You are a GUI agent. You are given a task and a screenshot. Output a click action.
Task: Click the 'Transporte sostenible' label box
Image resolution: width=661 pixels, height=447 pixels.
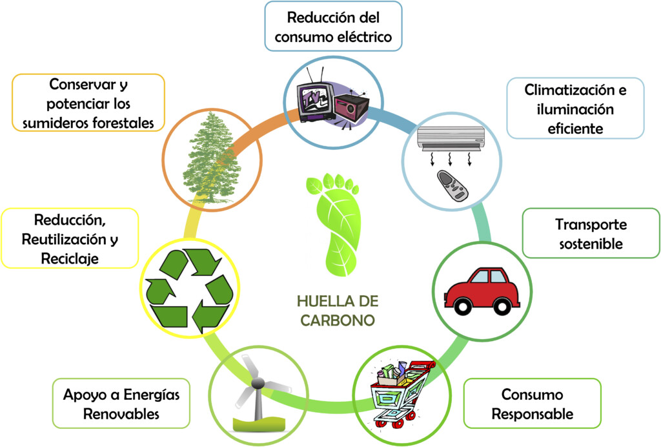591,234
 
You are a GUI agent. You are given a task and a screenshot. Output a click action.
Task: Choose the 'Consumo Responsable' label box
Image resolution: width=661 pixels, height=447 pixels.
533,404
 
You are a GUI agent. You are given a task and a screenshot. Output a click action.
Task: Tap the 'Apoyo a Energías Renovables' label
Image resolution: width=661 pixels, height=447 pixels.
121,404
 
